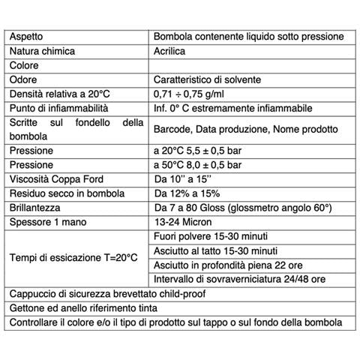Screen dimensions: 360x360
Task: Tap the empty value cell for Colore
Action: coord(247,65)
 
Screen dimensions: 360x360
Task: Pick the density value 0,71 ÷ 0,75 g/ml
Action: coord(197,94)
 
